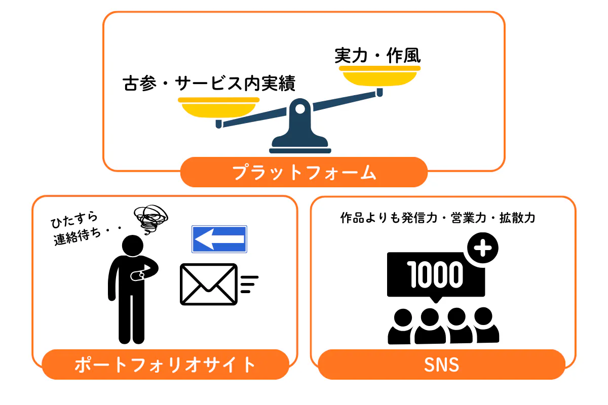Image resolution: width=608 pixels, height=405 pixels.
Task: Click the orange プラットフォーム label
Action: pyautogui.click(x=304, y=173)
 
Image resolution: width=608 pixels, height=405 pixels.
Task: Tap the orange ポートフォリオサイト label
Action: pyautogui.click(x=165, y=364)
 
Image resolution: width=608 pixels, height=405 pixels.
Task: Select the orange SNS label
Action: pyautogui.click(x=442, y=364)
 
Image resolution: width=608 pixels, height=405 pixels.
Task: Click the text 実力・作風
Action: pyautogui.click(x=378, y=55)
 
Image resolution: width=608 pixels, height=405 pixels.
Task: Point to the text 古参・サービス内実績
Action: pyautogui.click(x=209, y=83)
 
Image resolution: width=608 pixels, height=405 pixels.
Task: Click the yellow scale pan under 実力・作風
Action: pyautogui.click(x=379, y=76)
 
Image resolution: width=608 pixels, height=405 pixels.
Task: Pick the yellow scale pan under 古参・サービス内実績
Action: pyautogui.click(x=218, y=108)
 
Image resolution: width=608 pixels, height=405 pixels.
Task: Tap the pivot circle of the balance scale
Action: pyautogui.click(x=300, y=108)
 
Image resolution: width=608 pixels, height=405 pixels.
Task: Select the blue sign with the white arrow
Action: pyautogui.click(x=219, y=239)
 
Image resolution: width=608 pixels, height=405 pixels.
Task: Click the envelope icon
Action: pyautogui.click(x=209, y=284)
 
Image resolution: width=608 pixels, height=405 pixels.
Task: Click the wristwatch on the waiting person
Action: pyautogui.click(x=137, y=276)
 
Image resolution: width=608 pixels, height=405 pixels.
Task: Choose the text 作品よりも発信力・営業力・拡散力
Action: pyautogui.click(x=438, y=218)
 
